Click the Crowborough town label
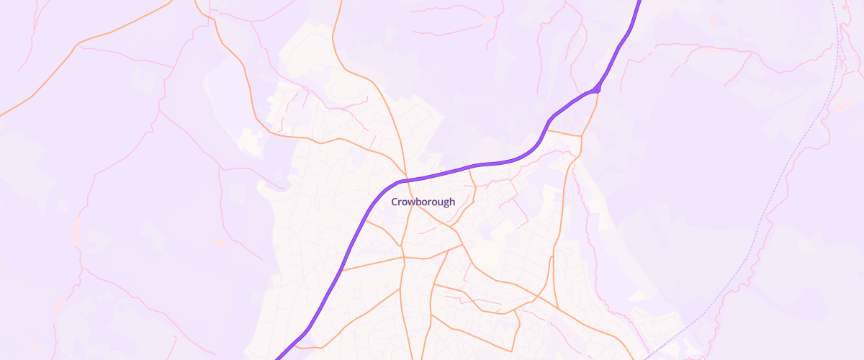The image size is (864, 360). pyautogui.click(x=423, y=202)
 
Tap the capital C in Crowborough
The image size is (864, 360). pyautogui.click(x=395, y=202)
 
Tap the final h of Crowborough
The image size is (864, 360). pyautogui.click(x=452, y=202)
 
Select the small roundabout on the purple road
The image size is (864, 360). pyautogui.click(x=597, y=89)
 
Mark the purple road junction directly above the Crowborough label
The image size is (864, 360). pyautogui.click(x=405, y=179)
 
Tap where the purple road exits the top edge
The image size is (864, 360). pyautogui.click(x=638, y=1)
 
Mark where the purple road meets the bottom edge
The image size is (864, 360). pyautogui.click(x=276, y=358)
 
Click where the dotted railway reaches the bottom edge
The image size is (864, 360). pyautogui.click(x=646, y=358)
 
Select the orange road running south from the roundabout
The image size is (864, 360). pyautogui.click(x=589, y=115)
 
